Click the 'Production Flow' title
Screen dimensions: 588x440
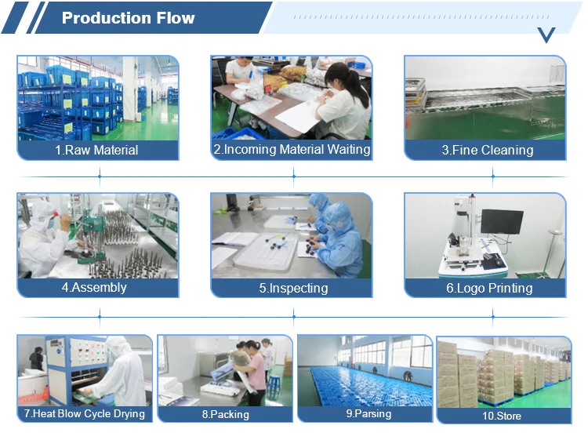pyautogui.click(x=128, y=18)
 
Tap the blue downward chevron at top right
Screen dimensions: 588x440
pyautogui.click(x=546, y=34)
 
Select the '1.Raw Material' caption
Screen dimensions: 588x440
pyautogui.click(x=97, y=150)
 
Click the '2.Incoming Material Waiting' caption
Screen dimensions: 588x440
pyautogui.click(x=292, y=149)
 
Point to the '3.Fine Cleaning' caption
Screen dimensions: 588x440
pyautogui.click(x=487, y=150)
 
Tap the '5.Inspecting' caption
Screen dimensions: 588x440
pyautogui.click(x=293, y=288)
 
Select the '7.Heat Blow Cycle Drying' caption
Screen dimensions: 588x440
pyautogui.click(x=85, y=413)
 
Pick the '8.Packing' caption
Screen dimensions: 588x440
pyautogui.click(x=225, y=414)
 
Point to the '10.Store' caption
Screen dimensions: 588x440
pyautogui.click(x=502, y=415)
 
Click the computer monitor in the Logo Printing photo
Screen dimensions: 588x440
pyautogui.click(x=502, y=221)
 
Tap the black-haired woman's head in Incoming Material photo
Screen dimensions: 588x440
pyautogui.click(x=336, y=77)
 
